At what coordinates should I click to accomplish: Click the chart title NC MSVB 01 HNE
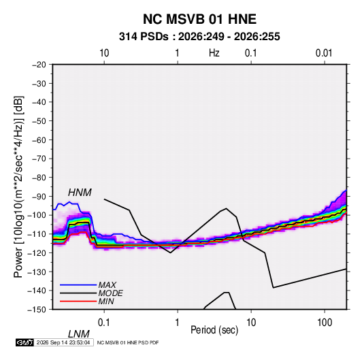[199, 19]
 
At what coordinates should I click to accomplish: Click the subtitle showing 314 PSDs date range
[199, 37]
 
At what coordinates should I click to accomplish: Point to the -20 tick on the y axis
[39, 65]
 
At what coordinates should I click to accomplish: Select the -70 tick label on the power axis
[39, 159]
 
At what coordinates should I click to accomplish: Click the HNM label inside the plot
[80, 193]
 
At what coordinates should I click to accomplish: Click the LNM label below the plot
[79, 334]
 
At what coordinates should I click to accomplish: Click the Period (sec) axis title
[214, 330]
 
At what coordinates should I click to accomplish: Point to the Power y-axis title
[18, 187]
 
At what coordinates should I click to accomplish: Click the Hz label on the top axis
[214, 53]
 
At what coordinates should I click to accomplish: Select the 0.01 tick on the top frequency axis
[324, 53]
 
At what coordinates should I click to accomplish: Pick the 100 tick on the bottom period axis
[325, 323]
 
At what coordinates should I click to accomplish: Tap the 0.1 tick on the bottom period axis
[104, 323]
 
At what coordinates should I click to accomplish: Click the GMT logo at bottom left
[25, 342]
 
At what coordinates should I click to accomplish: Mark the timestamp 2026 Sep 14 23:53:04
[63, 342]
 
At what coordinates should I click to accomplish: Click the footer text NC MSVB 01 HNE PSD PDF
[128, 342]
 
